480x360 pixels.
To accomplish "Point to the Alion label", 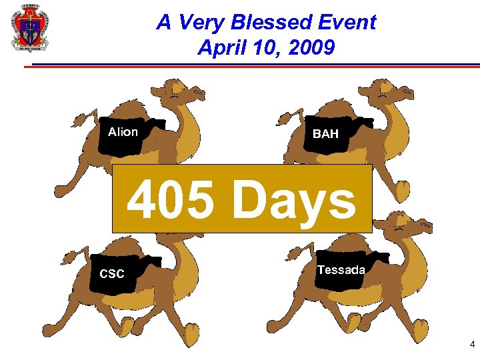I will [123, 132].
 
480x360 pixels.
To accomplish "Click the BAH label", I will [325, 134].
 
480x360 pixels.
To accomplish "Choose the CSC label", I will [111, 274].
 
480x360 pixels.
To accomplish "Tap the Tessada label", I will [341, 270].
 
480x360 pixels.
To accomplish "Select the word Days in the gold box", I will [293, 201].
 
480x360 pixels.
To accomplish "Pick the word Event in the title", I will [344, 23].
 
